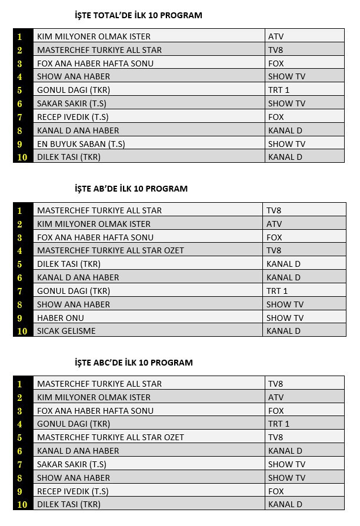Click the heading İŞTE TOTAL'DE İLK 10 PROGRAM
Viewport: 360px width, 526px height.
click(x=138, y=15)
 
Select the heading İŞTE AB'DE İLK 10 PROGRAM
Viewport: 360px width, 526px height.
click(x=131, y=189)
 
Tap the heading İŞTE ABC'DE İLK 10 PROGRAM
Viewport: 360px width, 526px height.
click(x=134, y=363)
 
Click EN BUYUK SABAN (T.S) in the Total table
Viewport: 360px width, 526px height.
click(x=81, y=144)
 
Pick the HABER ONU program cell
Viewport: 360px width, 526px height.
click(x=61, y=318)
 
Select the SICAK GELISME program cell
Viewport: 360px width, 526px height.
click(x=66, y=331)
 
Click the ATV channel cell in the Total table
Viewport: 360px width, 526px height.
click(x=276, y=36)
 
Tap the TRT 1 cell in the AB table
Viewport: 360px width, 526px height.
click(x=277, y=291)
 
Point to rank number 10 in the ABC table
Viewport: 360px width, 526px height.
click(x=22, y=504)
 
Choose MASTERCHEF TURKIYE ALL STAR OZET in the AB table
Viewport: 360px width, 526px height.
click(x=111, y=250)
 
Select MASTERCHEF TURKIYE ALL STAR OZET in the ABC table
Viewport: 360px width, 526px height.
click(x=111, y=437)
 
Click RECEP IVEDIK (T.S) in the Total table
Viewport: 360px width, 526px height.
click(x=73, y=117)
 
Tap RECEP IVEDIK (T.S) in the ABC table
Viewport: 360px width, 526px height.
click(x=73, y=491)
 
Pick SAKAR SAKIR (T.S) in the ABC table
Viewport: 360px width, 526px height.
click(x=72, y=464)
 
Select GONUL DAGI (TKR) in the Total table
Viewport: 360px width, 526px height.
click(x=74, y=90)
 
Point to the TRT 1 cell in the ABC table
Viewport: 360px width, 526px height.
click(x=279, y=424)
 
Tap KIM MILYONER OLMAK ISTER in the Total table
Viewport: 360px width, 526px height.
click(x=94, y=36)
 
